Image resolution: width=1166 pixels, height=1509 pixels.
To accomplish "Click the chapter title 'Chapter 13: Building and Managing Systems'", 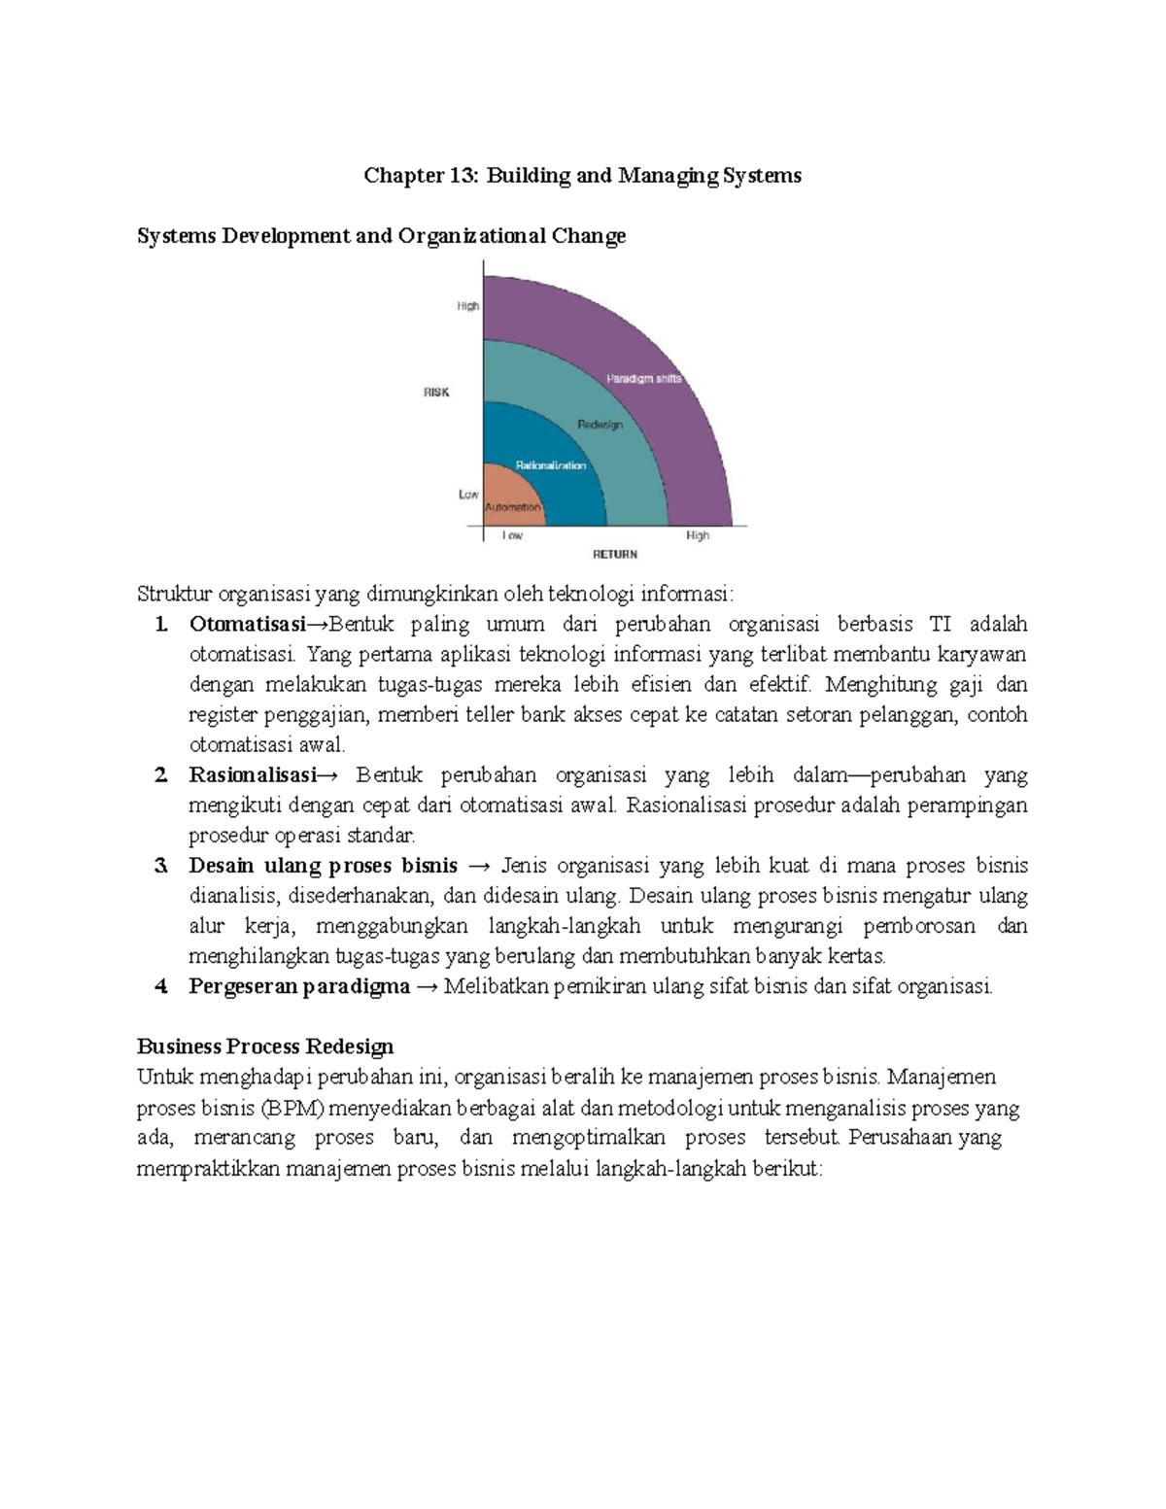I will tap(582, 176).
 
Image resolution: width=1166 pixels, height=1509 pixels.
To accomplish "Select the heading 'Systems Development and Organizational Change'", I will tap(381, 236).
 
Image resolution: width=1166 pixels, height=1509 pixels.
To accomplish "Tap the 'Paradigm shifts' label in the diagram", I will tap(644, 379).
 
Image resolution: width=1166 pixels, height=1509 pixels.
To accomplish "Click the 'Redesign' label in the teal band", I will tap(600, 425).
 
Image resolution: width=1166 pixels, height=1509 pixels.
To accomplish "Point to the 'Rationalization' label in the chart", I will tap(551, 465).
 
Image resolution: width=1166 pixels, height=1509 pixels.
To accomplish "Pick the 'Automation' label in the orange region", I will tap(512, 507).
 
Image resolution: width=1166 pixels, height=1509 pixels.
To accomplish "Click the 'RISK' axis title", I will tap(436, 393).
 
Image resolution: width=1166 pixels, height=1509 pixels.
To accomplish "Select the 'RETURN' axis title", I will tap(615, 554).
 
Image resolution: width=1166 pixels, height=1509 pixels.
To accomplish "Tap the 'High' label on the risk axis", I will tap(468, 306).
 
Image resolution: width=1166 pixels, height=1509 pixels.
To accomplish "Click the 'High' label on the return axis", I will tap(698, 535).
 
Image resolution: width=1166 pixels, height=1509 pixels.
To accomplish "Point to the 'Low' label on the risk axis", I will tap(468, 495).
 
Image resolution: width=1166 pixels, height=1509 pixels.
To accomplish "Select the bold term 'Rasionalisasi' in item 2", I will tap(253, 775).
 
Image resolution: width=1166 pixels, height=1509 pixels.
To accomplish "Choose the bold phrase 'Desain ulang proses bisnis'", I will tap(323, 866).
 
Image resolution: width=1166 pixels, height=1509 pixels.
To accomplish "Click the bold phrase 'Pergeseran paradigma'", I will tap(299, 986).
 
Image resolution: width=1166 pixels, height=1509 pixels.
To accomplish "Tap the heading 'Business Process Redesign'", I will tap(265, 1046).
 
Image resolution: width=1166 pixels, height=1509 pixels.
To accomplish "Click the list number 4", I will tap(161, 986).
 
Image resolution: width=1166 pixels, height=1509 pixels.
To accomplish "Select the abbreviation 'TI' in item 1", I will tap(940, 624).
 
